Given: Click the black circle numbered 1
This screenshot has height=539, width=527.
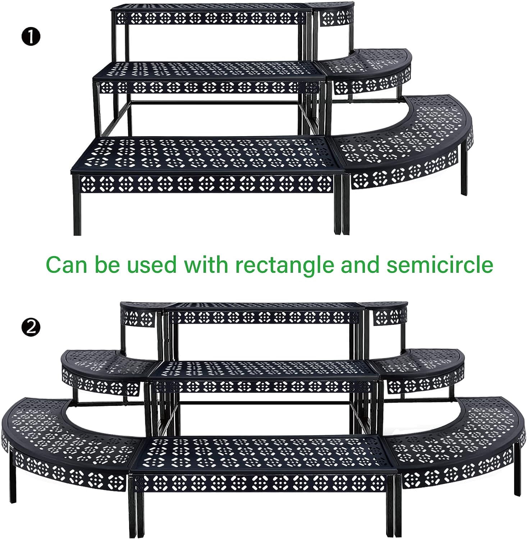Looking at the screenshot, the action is tap(31, 38).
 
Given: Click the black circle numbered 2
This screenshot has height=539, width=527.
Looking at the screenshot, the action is tap(31, 328).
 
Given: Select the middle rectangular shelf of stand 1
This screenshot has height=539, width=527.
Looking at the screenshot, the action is tap(209, 77).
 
